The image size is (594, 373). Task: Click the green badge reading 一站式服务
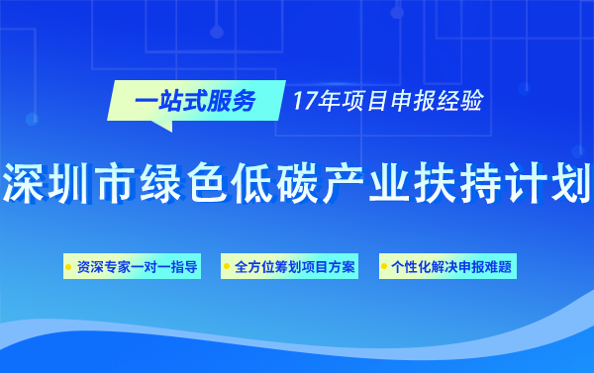[194, 101]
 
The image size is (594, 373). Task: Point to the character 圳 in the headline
[76, 177]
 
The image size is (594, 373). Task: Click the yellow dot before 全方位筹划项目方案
[228, 267]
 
